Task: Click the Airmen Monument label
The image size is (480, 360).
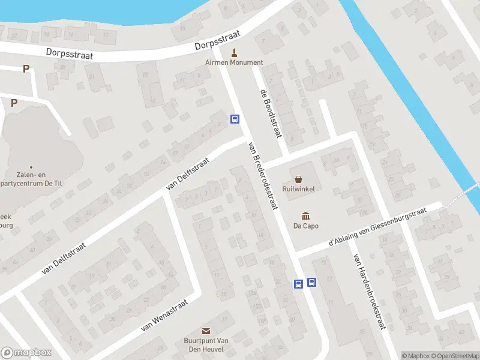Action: [234, 62]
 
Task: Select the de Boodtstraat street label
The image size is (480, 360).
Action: [271, 113]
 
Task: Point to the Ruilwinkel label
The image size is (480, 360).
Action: [299, 188]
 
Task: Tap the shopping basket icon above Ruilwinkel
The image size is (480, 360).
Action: [299, 179]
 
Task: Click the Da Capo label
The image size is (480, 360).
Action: [305, 226]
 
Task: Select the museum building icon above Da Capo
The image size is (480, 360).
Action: [305, 216]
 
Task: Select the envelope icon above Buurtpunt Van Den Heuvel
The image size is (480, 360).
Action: [206, 331]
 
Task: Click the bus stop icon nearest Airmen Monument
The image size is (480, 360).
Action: [235, 119]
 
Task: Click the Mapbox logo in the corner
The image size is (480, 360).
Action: [26, 353]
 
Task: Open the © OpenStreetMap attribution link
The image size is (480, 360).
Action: [455, 356]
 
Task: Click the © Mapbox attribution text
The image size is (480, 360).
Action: [415, 356]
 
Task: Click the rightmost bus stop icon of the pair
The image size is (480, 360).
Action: [311, 283]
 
